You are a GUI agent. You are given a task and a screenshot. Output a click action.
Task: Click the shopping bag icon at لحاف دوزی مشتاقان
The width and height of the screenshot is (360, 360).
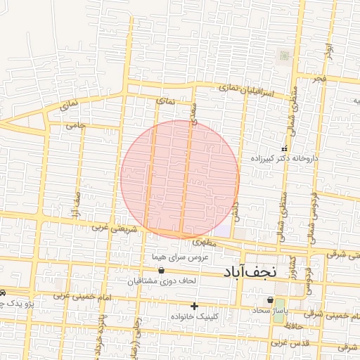pos(162,270)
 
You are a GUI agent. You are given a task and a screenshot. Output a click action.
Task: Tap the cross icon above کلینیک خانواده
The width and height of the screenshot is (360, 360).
pos(195,306)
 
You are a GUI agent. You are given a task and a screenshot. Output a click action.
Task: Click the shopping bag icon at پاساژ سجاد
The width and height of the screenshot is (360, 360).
pos(271,300)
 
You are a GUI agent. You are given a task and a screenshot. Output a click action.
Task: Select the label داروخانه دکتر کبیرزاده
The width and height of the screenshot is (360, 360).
pos(284,159)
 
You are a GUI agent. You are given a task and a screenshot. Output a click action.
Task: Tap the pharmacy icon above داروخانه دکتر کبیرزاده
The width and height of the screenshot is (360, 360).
pos(284,149)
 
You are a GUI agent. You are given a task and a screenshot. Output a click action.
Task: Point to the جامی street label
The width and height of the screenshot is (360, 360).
pos(75,126)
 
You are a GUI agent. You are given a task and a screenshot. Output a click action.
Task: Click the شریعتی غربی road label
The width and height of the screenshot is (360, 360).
pos(112,228)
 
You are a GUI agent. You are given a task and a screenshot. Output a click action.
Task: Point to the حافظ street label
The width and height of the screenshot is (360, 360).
pos(300,326)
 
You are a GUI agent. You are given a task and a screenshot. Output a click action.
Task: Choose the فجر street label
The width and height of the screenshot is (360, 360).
pos(321,79)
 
